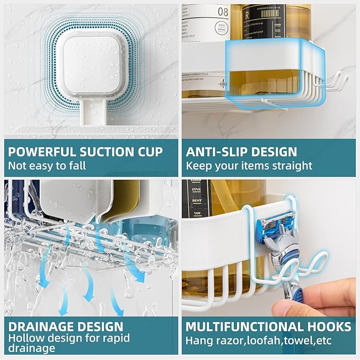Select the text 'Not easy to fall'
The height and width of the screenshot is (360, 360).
[47, 165]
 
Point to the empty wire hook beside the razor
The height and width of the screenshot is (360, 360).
[316, 265]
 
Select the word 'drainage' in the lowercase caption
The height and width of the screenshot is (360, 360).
[31, 348]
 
